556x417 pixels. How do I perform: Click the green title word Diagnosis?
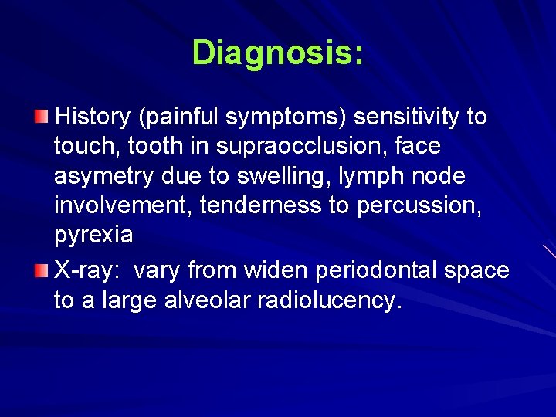277,53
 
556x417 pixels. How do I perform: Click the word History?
93,117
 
